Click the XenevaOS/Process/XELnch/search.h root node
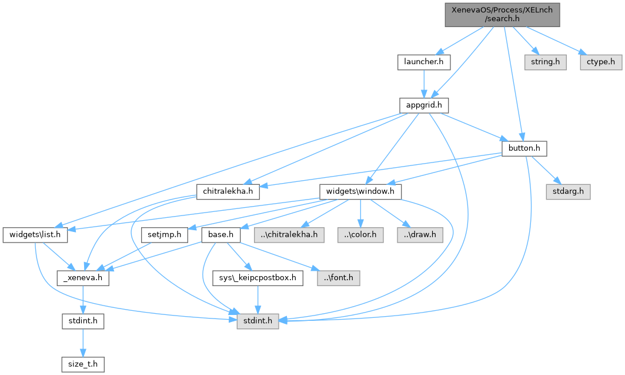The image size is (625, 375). click(x=501, y=13)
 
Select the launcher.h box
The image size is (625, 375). click(x=424, y=61)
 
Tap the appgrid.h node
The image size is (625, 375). click(x=424, y=105)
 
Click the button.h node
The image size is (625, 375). click(x=523, y=148)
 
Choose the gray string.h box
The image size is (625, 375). click(x=546, y=61)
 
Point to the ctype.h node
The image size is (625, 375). click(x=600, y=61)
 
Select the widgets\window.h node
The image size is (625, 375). click(x=360, y=191)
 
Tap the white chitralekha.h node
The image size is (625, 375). click(x=228, y=191)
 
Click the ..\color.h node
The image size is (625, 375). click(x=361, y=235)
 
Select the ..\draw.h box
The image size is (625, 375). click(x=420, y=235)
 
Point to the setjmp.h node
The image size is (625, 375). click(x=165, y=235)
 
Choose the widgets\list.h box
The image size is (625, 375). click(x=35, y=235)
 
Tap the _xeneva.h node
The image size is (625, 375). click(x=82, y=278)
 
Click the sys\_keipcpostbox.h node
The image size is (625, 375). click(x=257, y=278)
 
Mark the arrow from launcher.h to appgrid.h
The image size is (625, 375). click(x=424, y=83)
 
